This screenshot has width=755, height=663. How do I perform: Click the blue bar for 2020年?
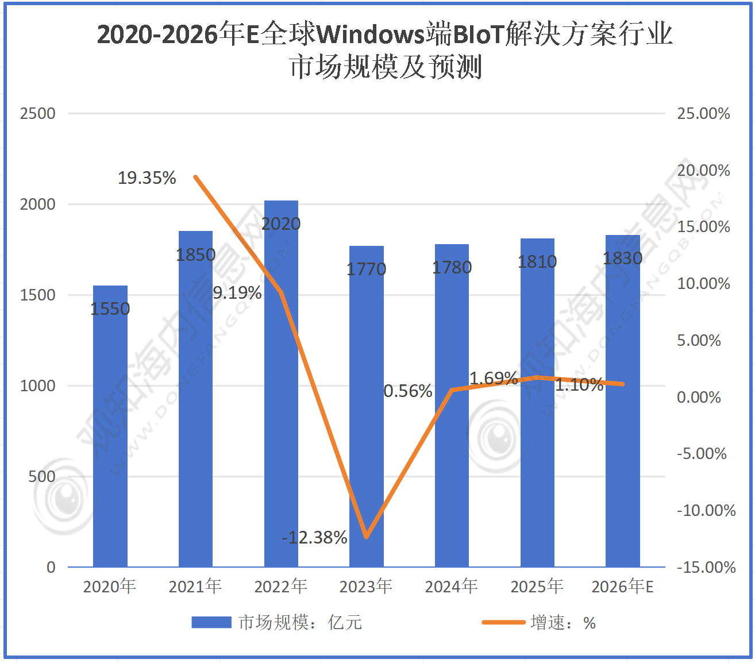coord(110,437)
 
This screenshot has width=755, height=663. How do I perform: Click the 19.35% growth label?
coord(147,178)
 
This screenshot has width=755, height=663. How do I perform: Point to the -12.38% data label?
coord(314,538)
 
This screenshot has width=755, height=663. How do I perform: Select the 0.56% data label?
coord(407,391)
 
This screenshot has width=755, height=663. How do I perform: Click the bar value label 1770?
coord(367,269)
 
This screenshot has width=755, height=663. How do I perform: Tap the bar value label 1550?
coord(110,309)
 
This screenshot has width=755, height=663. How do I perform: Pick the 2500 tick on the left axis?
coord(38,114)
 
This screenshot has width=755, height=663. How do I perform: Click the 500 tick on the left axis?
coord(42,477)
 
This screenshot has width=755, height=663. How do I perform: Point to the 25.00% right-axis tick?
coord(703,114)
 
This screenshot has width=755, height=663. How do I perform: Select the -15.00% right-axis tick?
coord(706,568)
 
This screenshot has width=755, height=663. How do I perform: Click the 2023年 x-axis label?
coord(366,587)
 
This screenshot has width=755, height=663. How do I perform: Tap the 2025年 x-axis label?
coord(537,587)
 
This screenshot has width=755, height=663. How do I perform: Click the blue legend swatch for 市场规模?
coord(211,623)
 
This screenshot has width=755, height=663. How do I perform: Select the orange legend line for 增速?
coord(503,622)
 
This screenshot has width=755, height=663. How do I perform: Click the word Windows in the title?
coord(371,34)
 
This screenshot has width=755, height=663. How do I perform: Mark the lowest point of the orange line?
coord(366,537)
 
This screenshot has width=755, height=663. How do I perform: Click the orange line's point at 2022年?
coord(281,292)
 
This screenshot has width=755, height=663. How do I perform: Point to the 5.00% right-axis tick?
coord(699,341)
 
